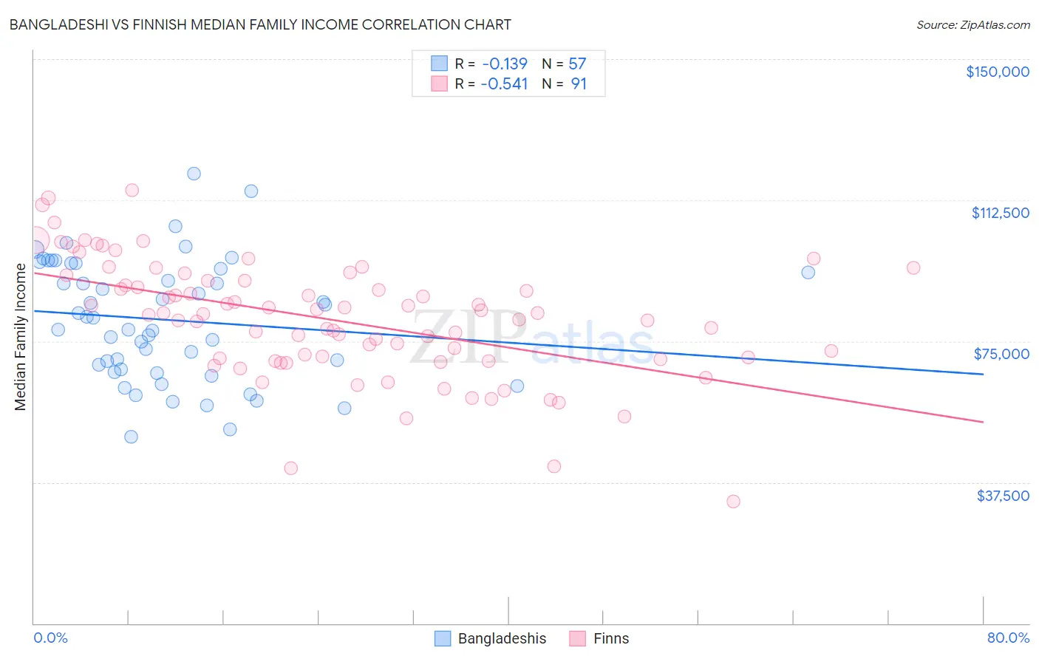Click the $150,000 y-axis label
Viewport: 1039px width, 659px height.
[x=997, y=72]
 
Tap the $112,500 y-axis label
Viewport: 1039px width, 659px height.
[x=1000, y=213]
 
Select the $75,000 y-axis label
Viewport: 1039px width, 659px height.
[x=1001, y=354]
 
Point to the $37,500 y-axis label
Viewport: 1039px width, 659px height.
[x=1003, y=495]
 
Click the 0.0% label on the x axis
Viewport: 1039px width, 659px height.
[x=50, y=638]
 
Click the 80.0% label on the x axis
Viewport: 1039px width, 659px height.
[x=1008, y=638]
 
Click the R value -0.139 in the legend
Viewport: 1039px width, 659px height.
[x=504, y=64]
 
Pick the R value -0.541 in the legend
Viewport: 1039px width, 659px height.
[x=504, y=83]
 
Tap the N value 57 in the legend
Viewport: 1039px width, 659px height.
[x=577, y=64]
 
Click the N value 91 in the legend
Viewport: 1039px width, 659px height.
[x=579, y=83]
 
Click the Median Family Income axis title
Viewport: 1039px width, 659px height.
[x=20, y=337]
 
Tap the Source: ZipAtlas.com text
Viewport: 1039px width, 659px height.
[x=972, y=24]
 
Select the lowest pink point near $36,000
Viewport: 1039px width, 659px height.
[x=733, y=502]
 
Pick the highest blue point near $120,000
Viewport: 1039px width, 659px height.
[x=194, y=174]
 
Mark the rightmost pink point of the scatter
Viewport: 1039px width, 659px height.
[x=913, y=268]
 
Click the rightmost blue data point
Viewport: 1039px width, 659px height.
[x=808, y=273]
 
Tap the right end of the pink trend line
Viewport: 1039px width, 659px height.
[x=983, y=422]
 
